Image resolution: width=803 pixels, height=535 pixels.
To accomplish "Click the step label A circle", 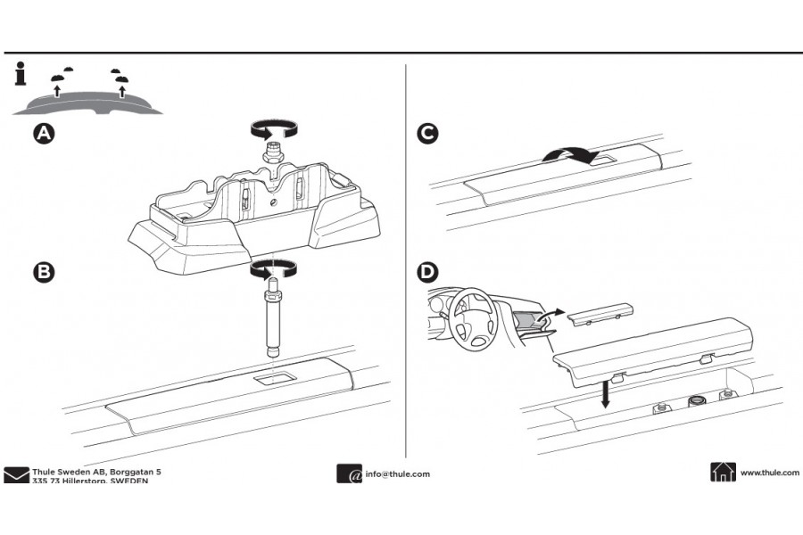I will (43, 135).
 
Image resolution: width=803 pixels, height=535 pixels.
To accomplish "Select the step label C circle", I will (428, 135).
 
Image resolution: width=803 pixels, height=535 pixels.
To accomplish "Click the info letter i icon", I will (20, 74).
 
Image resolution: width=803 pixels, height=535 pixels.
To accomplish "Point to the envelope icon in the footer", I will (16, 474).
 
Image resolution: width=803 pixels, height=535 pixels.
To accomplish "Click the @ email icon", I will (349, 474).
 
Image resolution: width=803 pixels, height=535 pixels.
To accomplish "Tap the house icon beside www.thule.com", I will (723, 473).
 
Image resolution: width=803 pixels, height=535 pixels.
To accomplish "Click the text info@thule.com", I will (397, 474).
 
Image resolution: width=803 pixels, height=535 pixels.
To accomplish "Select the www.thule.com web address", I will (769, 473).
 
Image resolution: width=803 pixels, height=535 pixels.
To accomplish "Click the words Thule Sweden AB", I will (67, 470).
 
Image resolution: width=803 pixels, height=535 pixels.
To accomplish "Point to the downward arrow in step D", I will (605, 391).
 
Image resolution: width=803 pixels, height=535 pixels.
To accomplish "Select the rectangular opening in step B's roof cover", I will (272, 381).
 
